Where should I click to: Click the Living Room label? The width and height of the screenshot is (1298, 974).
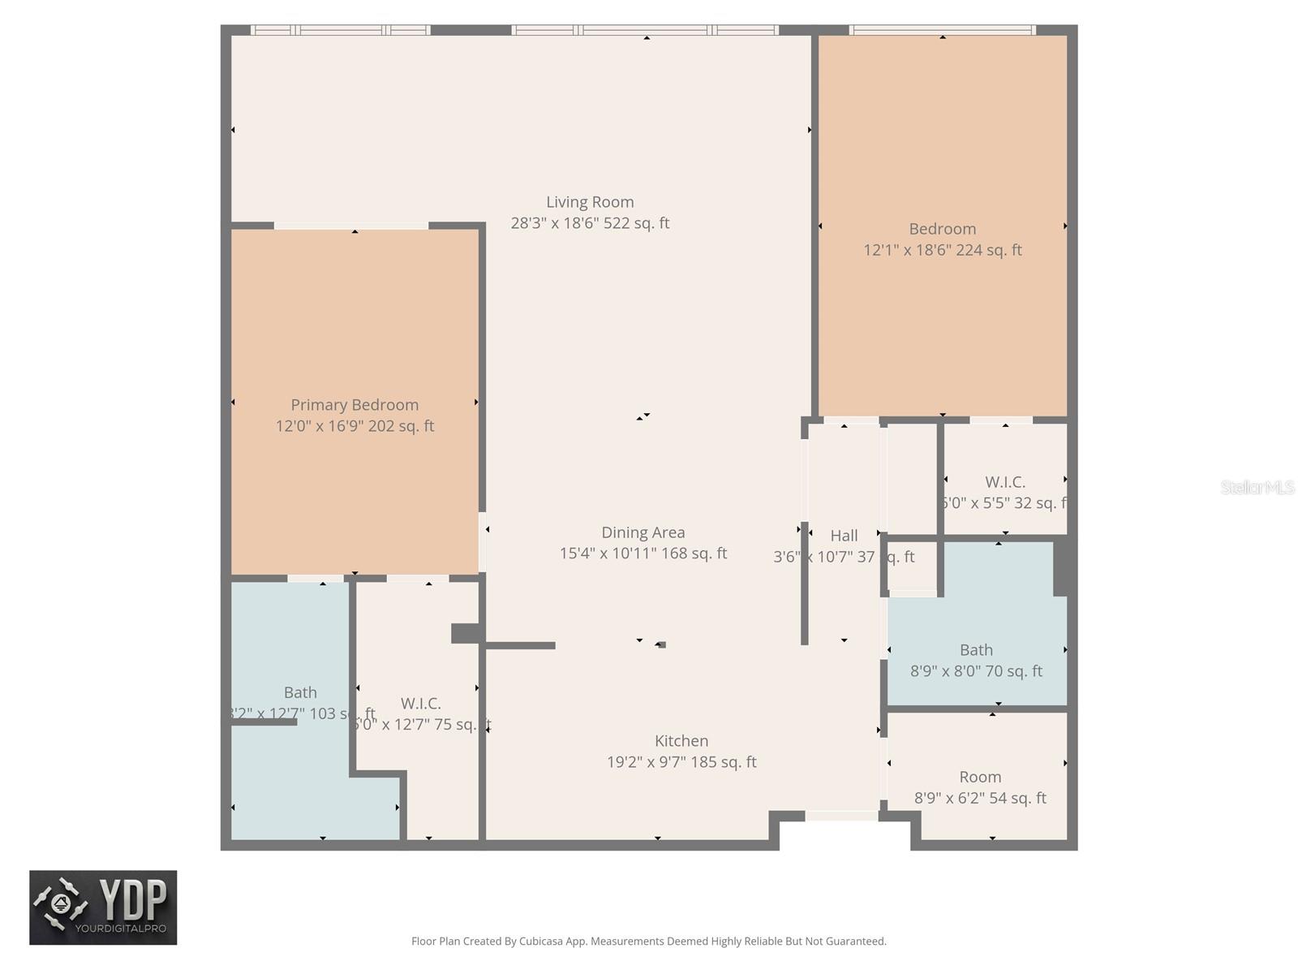590,202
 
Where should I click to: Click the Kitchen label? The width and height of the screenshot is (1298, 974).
681,741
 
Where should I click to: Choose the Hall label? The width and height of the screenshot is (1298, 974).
844,536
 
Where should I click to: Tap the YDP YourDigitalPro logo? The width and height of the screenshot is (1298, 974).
103,907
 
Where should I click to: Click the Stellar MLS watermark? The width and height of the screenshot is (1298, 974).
1257,487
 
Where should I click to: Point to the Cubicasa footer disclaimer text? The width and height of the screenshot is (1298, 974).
648,942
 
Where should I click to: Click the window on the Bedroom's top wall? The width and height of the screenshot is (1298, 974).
942,30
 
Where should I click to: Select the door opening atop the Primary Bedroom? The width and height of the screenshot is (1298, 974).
350,226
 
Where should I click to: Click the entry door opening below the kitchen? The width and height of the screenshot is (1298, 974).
841,816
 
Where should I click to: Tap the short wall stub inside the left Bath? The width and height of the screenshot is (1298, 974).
264,722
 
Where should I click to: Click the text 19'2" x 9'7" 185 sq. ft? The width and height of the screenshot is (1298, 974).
681,762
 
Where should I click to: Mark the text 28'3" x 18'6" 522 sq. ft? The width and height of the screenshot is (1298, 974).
590,223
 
